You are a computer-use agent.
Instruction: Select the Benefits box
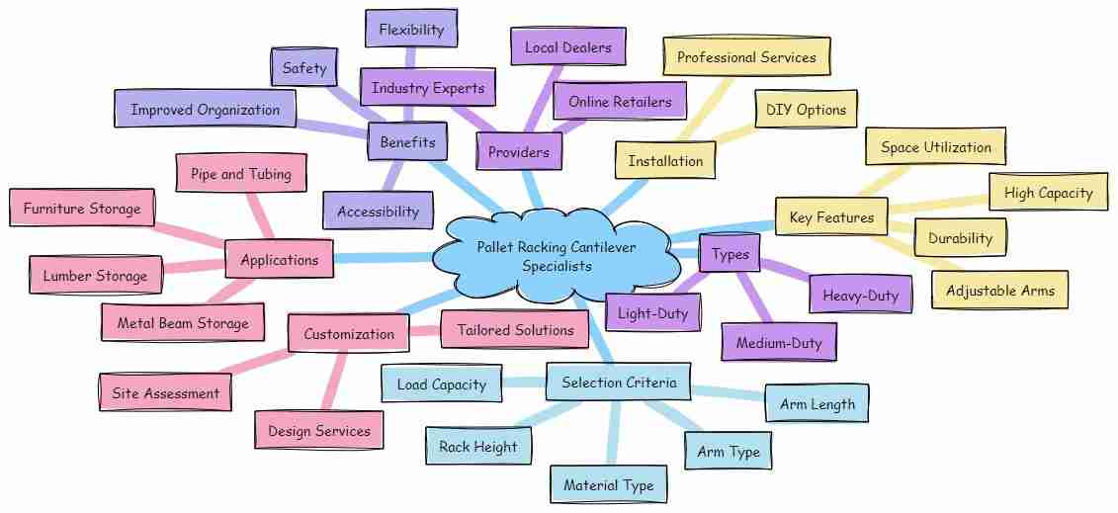[x=408, y=141]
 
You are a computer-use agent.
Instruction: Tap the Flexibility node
[x=411, y=30]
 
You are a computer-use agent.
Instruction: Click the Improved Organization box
[x=206, y=110]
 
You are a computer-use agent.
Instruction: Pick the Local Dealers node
[x=568, y=47]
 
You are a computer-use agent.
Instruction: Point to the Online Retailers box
[x=620, y=102]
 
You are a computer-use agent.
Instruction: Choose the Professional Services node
[x=746, y=57]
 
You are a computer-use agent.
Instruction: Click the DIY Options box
[x=806, y=110]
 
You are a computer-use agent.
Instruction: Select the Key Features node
[x=831, y=217]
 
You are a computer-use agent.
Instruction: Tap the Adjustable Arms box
[x=999, y=291]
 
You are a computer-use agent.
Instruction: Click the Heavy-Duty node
[x=861, y=295]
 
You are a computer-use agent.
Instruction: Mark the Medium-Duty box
[x=779, y=343]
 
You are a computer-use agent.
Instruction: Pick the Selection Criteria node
[x=618, y=382]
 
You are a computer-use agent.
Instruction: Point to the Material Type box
[x=608, y=485]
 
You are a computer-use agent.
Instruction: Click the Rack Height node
[x=477, y=447]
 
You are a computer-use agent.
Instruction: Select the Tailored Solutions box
[x=516, y=330]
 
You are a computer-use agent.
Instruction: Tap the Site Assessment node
[x=165, y=392]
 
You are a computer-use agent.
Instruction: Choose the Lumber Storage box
[x=96, y=275]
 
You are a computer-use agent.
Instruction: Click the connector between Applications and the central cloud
[x=384, y=258]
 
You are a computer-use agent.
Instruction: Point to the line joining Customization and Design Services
[x=334, y=382]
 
